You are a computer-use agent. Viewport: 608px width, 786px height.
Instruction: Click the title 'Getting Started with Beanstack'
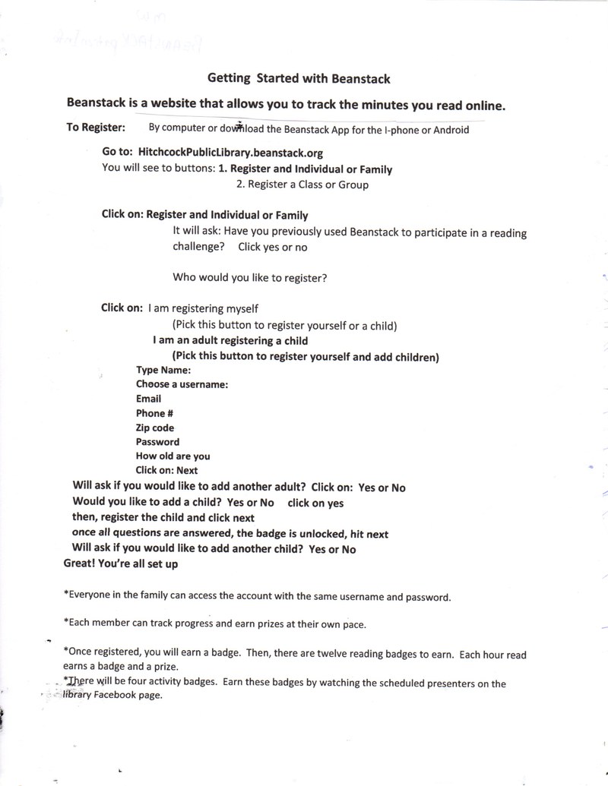tap(299, 78)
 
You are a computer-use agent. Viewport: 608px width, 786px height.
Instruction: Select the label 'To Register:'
tap(96, 128)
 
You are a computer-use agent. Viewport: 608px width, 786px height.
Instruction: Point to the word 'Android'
tap(451, 129)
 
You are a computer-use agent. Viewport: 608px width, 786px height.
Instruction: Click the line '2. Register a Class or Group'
tap(302, 185)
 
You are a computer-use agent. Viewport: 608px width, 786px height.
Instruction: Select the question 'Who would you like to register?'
tap(250, 277)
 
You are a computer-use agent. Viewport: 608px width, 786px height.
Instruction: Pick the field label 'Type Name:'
tap(163, 370)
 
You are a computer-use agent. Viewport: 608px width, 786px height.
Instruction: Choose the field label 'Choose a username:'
tap(182, 384)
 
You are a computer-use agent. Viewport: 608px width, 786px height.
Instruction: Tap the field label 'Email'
tap(149, 399)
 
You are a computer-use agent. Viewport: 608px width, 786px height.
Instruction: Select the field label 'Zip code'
tap(155, 428)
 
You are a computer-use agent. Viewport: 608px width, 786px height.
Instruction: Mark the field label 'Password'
tap(158, 442)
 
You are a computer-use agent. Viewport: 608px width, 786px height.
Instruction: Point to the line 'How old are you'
tap(173, 456)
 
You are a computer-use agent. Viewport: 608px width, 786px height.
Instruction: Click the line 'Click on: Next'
tap(167, 471)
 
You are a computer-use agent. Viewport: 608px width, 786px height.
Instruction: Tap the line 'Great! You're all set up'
tap(121, 564)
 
